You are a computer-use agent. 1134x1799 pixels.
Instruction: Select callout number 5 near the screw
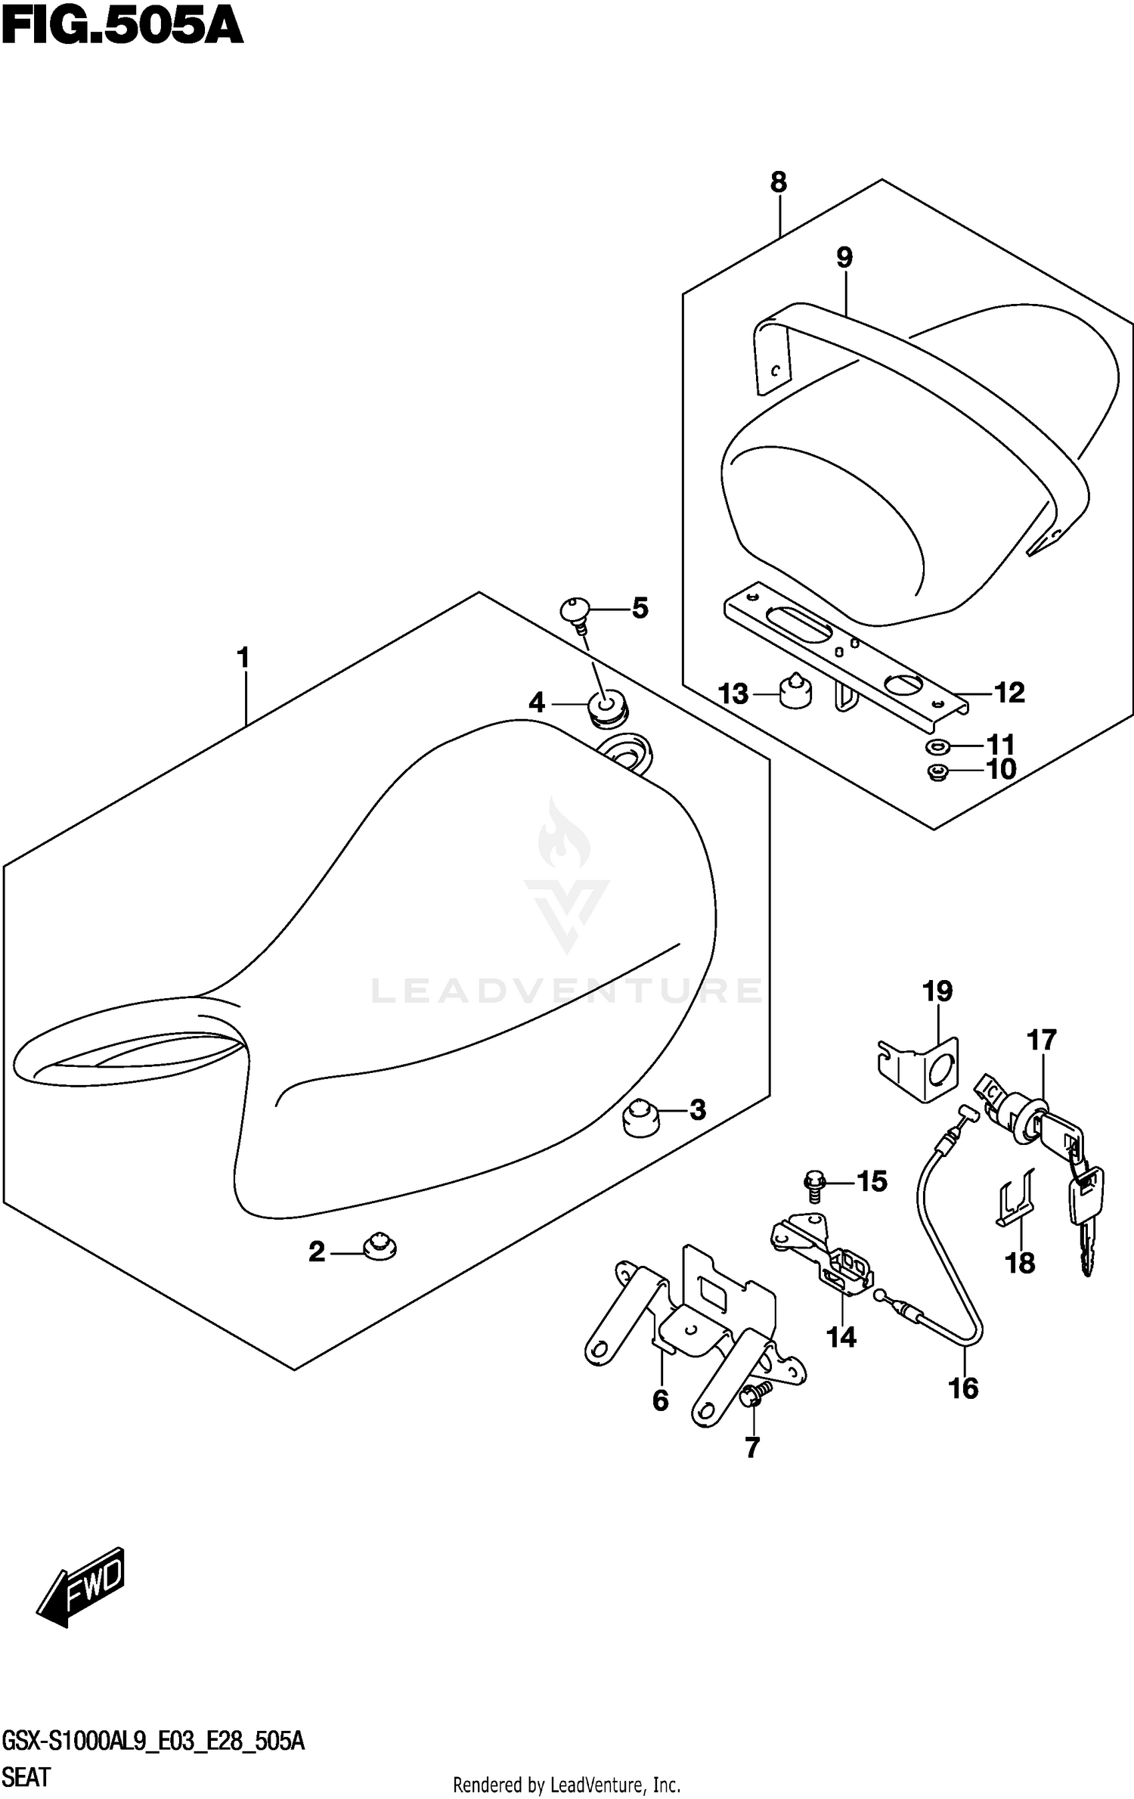640,608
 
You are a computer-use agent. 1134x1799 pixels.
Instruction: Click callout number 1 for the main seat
243,658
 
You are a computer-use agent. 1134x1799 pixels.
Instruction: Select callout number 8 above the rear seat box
779,182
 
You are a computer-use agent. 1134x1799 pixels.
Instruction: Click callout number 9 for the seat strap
844,258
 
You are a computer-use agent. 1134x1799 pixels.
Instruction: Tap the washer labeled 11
936,748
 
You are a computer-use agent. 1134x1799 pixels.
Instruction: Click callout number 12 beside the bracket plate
1009,693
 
